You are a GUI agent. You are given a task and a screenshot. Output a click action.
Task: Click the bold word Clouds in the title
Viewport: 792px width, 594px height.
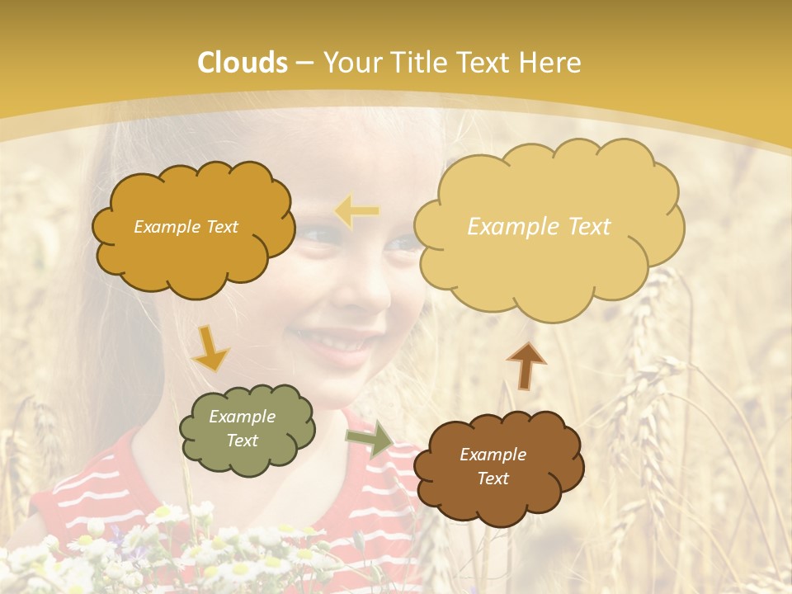[243, 63]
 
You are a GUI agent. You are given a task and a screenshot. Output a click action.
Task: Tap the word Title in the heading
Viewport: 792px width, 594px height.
[417, 63]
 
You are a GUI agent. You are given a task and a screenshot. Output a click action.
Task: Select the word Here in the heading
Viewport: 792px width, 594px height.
[551, 63]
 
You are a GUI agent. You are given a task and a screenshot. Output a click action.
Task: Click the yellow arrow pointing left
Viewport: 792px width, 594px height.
[357, 212]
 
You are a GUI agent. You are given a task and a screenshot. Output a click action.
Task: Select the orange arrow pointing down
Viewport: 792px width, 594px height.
[210, 347]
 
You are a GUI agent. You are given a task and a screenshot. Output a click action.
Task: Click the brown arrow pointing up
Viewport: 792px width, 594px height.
[526, 365]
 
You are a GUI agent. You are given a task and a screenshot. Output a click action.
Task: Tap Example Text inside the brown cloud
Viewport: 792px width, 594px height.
[493, 466]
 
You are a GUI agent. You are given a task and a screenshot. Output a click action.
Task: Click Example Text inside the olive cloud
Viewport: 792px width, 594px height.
[243, 428]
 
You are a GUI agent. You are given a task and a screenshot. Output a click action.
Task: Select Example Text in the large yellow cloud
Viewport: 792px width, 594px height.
[539, 227]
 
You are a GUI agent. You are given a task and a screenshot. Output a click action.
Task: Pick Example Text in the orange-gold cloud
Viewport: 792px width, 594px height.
[186, 227]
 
